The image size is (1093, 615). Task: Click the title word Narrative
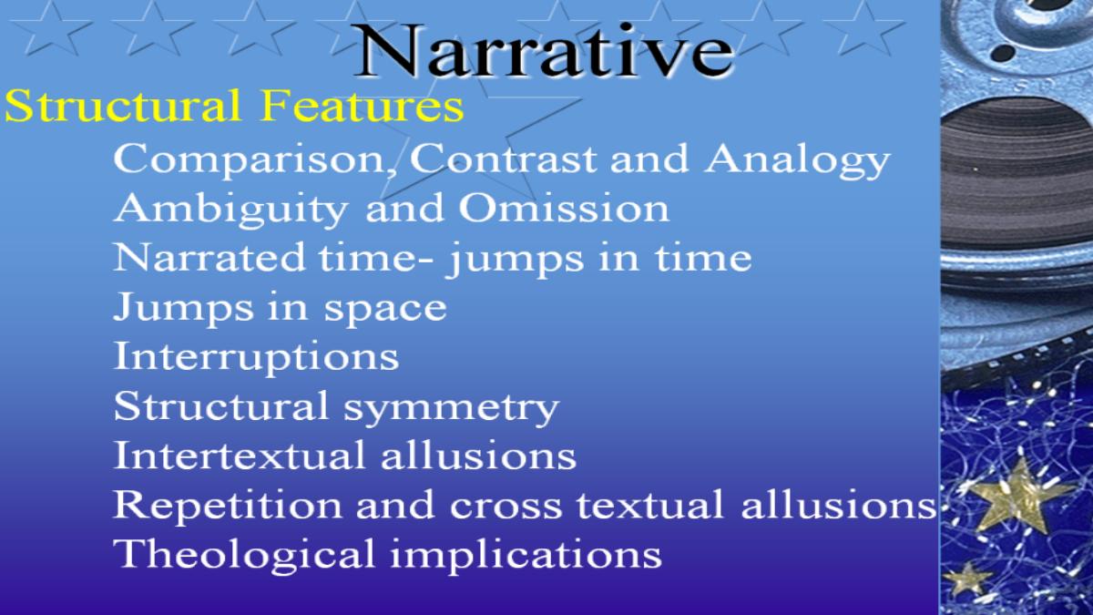[543, 51]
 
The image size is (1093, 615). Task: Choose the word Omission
[564, 208]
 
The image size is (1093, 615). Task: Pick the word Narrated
[209, 257]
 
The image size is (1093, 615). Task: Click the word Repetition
[228, 506]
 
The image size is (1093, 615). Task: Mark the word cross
[506, 507]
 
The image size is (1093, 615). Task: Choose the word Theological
[244, 555]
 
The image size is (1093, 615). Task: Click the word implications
[526, 555]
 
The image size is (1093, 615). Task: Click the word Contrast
[503, 159]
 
